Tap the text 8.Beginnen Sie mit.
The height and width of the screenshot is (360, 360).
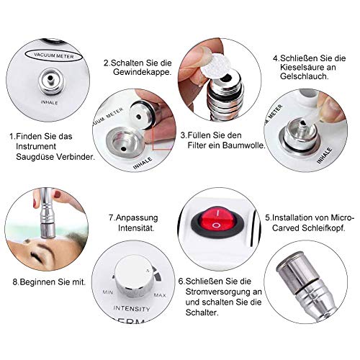[44, 282]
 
